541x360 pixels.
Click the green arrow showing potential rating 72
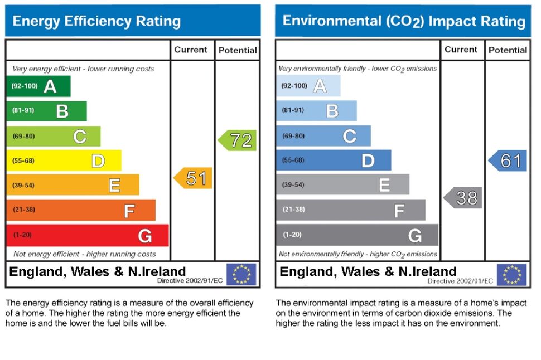[x=238, y=140]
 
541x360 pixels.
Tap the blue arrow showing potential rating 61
[x=508, y=161]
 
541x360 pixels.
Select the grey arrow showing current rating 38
[x=463, y=198]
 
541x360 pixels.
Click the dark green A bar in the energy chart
[x=38, y=86]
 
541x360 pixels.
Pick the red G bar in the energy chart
[x=87, y=235]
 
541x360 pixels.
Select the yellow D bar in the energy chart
[x=64, y=161]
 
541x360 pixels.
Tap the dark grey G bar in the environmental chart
[x=357, y=235]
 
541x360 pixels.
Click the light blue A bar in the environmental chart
[x=308, y=86]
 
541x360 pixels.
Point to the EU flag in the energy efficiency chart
[x=241, y=274]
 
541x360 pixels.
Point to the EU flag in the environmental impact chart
[x=511, y=274]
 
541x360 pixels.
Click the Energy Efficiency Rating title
[x=96, y=22]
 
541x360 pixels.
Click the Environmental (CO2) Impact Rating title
[x=404, y=22]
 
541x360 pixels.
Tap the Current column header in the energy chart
[x=191, y=50]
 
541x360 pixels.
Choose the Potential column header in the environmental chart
[x=508, y=50]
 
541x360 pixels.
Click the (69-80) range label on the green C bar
[x=23, y=136]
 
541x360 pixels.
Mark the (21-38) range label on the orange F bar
[x=23, y=210]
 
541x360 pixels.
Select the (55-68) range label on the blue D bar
[x=293, y=160]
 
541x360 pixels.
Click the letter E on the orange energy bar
[x=114, y=185]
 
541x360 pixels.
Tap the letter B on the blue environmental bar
[x=332, y=111]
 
